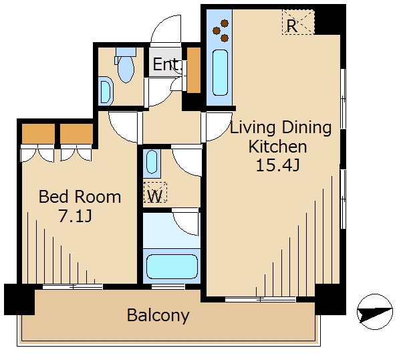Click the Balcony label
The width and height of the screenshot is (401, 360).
tap(158, 315)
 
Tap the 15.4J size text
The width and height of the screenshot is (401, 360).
tap(278, 165)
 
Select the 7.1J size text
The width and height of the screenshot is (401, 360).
tap(75, 215)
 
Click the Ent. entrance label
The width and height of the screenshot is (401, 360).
tap(168, 64)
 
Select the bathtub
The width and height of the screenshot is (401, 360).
tap(172, 266)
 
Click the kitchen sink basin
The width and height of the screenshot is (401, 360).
tap(220, 72)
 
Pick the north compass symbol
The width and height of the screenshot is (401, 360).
tap(375, 312)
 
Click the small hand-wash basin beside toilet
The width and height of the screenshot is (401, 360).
tap(106, 91)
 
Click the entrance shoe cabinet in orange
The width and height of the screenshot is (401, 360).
tap(194, 70)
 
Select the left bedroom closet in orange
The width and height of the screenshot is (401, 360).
tap(38, 134)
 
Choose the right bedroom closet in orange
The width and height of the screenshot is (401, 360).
tap(76, 134)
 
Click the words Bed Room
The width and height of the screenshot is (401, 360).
tap(80, 197)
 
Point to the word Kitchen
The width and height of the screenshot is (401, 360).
tap(278, 147)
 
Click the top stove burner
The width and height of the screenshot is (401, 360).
tap(225, 23)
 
